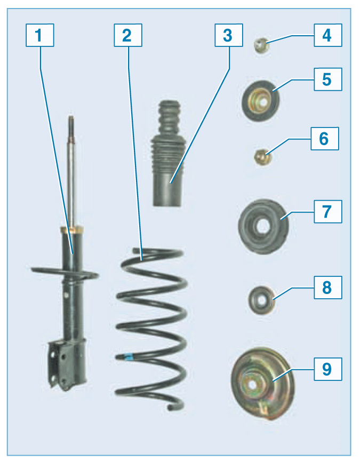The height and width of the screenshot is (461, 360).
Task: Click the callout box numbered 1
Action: click(39, 35)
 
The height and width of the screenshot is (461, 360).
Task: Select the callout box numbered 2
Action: click(128, 35)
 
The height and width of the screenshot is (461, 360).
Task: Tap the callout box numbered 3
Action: click(229, 35)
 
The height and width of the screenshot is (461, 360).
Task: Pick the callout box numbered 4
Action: click(328, 35)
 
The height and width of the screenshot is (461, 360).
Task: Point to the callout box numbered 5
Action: click(328, 80)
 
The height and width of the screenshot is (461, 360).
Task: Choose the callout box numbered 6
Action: click(325, 139)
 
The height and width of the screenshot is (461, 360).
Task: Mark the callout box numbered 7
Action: click(328, 212)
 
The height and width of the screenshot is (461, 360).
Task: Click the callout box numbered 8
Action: click(328, 288)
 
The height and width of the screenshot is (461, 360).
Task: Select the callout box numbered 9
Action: click(328, 369)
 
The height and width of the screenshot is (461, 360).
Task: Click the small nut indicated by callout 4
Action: click(261, 45)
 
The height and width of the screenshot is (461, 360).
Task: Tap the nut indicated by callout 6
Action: click(262, 157)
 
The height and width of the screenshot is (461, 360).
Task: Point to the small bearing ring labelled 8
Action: click(262, 300)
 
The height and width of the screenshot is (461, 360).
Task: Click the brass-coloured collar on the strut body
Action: click(71, 229)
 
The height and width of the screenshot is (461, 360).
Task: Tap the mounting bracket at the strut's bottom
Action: click(67, 364)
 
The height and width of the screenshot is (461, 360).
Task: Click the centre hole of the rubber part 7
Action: click(262, 227)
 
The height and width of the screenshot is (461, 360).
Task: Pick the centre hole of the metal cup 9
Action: click(252, 385)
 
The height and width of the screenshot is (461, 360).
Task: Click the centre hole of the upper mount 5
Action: click(263, 102)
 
